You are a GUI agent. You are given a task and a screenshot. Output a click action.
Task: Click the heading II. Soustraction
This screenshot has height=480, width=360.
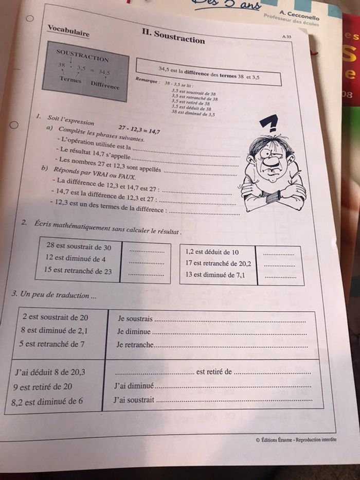click(173, 36)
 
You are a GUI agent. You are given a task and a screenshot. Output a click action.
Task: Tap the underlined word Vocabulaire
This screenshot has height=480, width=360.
click(68, 30)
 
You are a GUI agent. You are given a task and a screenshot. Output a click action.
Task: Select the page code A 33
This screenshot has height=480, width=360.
click(286, 37)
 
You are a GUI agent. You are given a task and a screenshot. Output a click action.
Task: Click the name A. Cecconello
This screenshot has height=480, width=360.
click(299, 16)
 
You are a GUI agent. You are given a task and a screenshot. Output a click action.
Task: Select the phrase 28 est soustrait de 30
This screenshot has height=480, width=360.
click(79, 246)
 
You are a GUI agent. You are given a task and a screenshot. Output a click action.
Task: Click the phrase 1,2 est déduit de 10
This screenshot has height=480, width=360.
click(212, 252)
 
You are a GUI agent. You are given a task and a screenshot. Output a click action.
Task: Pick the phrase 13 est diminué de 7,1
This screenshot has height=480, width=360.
click(215, 275)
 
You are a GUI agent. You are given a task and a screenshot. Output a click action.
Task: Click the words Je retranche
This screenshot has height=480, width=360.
click(135, 345)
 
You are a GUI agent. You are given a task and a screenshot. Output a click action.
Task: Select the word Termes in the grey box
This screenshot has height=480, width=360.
click(70, 79)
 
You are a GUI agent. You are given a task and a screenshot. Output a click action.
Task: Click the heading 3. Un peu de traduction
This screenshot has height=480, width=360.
click(54, 295)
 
